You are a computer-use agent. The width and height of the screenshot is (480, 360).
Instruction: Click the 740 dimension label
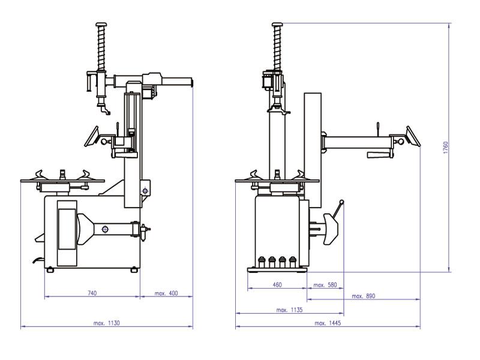pyautogui.click(x=92, y=293)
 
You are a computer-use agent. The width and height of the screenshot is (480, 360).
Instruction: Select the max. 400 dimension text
pyautogui.click(x=166, y=293)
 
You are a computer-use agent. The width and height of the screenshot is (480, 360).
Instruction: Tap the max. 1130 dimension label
pyautogui.click(x=107, y=323)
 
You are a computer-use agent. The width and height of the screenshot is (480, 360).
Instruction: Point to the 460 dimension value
pyautogui.click(x=277, y=284)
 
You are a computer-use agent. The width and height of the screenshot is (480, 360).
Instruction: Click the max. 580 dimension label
pyautogui.click(x=325, y=284)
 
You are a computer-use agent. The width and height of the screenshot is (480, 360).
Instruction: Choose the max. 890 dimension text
pyautogui.click(x=363, y=296)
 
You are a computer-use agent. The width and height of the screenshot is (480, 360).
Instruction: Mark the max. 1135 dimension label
pyautogui.click(x=289, y=310)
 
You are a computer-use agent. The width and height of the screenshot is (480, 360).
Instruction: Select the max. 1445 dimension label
pyautogui.click(x=327, y=323)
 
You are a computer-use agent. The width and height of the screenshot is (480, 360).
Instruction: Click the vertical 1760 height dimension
pyautogui.click(x=445, y=147)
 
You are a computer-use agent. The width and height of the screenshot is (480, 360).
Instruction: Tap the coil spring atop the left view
pyautogui.click(x=100, y=48)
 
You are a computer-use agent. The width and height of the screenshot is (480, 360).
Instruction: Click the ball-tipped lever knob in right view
pyautogui.click(x=341, y=202)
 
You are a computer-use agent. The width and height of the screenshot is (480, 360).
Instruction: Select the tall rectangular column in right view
pyautogui.click(x=311, y=144)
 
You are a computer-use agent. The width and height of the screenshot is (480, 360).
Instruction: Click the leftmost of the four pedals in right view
pyautogui.click(x=262, y=261)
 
